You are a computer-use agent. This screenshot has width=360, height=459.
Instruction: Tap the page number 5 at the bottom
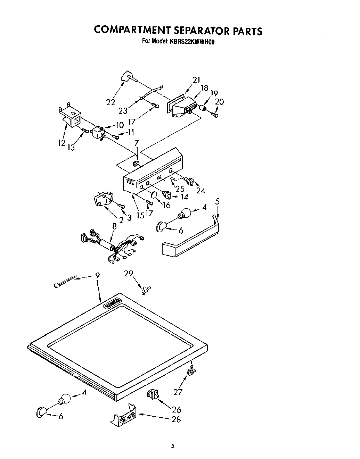click(172, 446)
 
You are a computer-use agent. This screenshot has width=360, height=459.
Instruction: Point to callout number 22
click(111, 102)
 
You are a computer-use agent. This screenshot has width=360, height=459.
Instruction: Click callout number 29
click(129, 274)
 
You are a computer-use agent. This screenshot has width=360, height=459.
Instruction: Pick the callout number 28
click(176, 419)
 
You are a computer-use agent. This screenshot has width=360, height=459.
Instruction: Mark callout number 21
click(196, 80)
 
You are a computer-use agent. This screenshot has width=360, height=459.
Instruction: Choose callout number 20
click(219, 101)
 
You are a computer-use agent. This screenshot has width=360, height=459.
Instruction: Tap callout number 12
click(61, 142)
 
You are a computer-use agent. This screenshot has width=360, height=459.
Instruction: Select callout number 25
click(180, 189)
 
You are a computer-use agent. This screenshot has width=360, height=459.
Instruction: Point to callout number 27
click(178, 392)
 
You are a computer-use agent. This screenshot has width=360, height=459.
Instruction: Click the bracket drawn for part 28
click(123, 415)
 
